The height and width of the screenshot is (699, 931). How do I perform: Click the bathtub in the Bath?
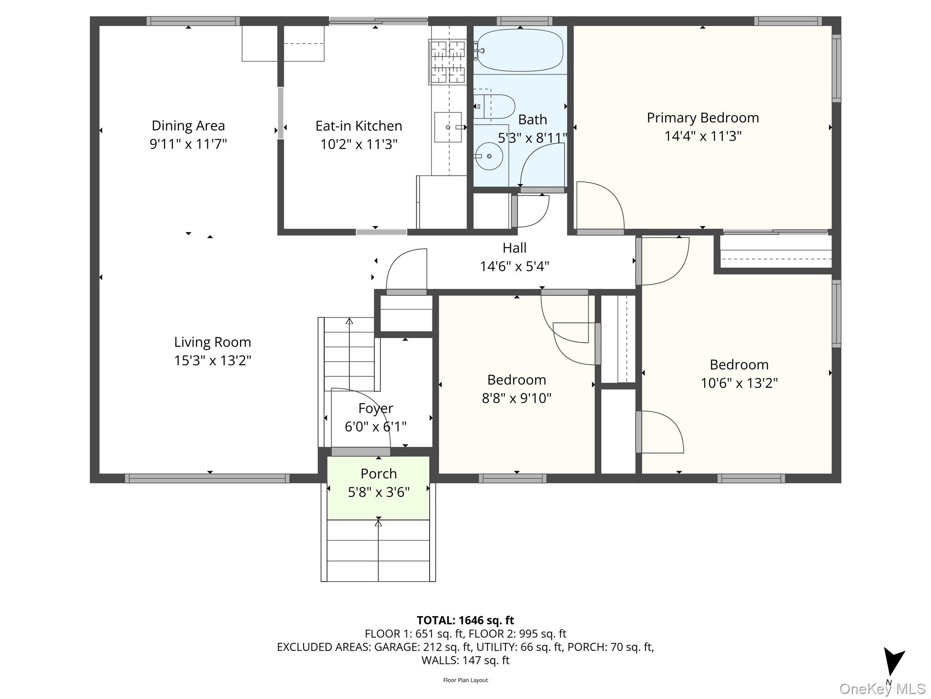point(520,50)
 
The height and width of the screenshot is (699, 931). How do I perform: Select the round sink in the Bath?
point(489,156)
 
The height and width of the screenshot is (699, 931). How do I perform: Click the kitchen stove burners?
point(448,62)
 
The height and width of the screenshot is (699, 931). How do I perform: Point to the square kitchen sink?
point(448,127)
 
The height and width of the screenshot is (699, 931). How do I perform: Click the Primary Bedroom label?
point(702,118)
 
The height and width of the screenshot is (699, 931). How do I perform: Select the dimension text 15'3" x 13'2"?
point(212,360)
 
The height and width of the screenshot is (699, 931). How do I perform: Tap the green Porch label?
point(378,474)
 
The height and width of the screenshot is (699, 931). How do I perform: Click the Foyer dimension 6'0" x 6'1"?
point(375,427)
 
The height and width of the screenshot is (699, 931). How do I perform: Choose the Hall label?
point(514,248)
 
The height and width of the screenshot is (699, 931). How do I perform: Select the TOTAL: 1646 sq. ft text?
point(465,620)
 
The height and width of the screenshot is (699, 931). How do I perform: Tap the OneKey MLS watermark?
point(882,689)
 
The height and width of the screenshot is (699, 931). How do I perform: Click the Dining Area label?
point(188,126)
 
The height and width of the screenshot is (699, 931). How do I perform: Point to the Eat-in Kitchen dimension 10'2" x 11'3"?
point(359,144)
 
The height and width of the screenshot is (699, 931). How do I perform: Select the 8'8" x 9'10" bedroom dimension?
point(516,398)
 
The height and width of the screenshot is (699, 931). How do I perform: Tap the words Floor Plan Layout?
point(465,680)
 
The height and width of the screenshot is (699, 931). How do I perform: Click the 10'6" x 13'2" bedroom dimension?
point(739,383)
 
